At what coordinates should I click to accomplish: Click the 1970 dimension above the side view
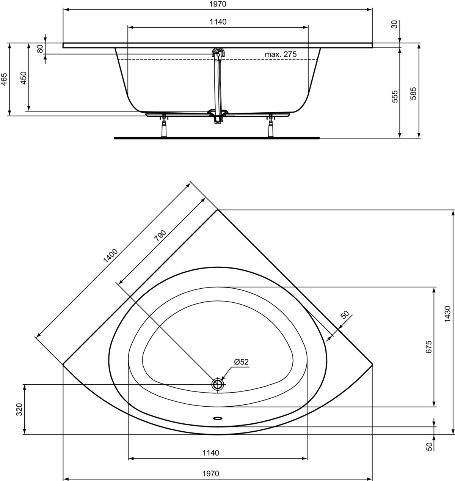coord(218,4)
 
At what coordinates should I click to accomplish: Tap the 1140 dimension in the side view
coord(218,22)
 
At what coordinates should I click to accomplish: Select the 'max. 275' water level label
coord(281,54)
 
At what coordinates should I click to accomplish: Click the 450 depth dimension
coord(23,78)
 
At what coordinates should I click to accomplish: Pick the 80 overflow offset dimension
coord(40,49)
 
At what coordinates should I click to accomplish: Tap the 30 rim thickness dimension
coord(394,24)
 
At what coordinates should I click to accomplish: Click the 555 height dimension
coord(395,97)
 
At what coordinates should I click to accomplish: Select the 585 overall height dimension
coord(413,93)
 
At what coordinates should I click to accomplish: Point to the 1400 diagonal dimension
coord(111,256)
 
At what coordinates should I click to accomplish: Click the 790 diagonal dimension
coord(160,236)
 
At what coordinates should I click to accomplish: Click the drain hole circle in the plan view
coord(218,384)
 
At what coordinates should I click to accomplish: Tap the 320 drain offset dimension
coord(19,409)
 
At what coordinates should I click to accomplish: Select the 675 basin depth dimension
coord(428,347)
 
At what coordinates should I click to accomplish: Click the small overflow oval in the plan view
coord(218,418)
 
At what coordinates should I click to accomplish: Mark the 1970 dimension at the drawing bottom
coord(210,473)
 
